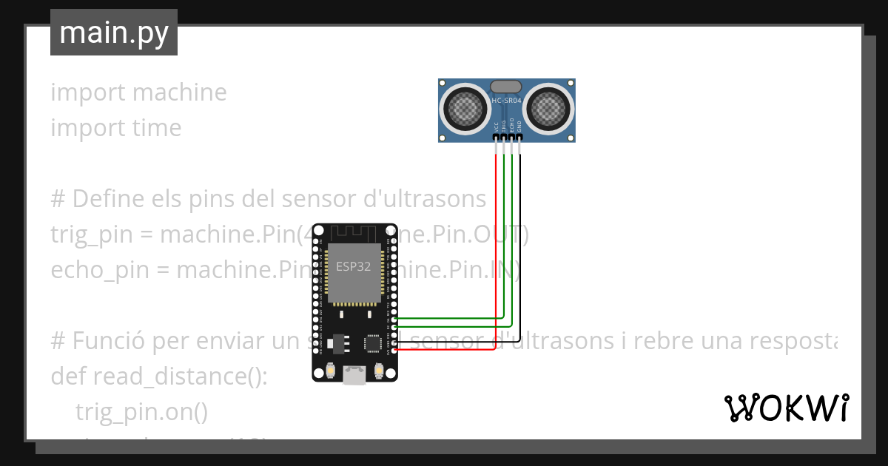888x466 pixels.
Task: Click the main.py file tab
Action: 113,33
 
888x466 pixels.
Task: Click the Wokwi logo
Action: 785,408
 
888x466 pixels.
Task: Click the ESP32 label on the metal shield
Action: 354,266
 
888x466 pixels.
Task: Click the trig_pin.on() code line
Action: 141,411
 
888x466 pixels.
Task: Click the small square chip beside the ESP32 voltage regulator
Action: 372,342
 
